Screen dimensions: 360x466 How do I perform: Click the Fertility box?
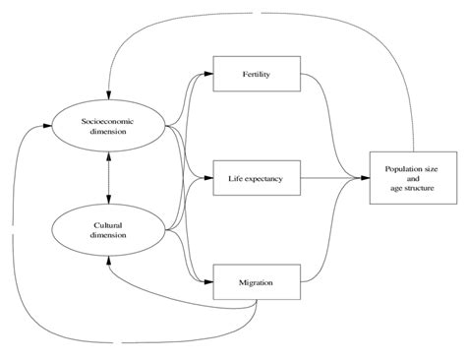pyautogui.click(x=257, y=74)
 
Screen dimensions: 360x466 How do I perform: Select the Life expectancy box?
pyautogui.click(x=257, y=178)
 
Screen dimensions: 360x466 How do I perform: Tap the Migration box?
pyautogui.click(x=257, y=282)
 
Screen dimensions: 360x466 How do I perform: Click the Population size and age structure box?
pyautogui.click(x=408, y=178)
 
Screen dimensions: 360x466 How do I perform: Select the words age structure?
pyautogui.click(x=408, y=187)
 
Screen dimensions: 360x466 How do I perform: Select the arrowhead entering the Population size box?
pyautogui.click(x=365, y=178)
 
